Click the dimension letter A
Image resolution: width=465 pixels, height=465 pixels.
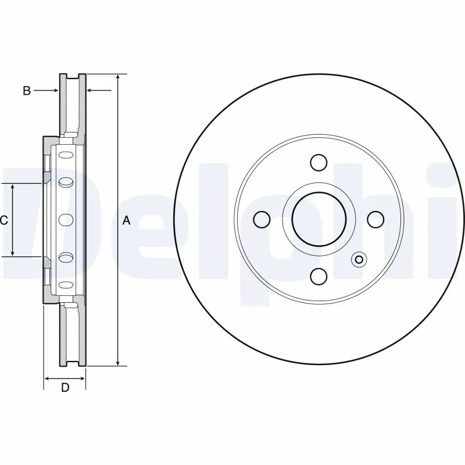coord(127,220)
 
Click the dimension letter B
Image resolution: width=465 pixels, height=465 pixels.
coord(26,91)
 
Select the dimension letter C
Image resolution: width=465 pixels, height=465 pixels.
coord(3,220)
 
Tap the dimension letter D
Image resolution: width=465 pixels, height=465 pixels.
coord(65,388)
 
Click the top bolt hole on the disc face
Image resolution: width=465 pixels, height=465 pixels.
coord(319,162)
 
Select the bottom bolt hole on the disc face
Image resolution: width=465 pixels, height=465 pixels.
coord(319,276)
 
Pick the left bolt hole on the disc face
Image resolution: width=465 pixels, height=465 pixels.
coord(262,219)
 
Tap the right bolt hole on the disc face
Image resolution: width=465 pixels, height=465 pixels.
coord(376,219)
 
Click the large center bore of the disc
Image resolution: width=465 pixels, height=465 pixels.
coord(319,219)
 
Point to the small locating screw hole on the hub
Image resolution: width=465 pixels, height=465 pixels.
coord(359,260)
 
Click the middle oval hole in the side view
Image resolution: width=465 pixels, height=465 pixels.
coord(66,220)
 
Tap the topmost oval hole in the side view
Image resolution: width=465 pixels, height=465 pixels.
coord(66,155)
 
